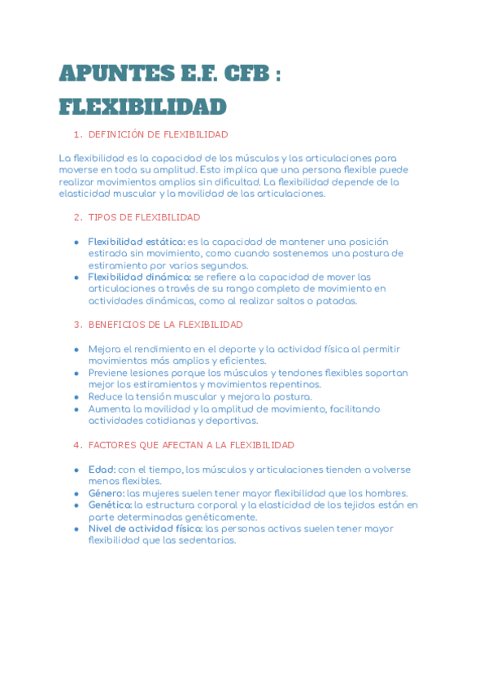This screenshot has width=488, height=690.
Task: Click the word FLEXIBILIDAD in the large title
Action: tap(142, 107)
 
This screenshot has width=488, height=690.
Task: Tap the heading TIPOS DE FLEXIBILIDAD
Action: tap(144, 217)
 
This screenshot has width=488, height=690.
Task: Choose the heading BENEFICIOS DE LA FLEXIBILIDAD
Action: tap(165, 324)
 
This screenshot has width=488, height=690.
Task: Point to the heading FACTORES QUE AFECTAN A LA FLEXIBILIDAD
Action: tap(191, 445)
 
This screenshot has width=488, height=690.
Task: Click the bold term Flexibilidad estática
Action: tap(137, 242)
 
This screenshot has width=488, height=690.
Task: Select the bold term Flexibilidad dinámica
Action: tap(139, 277)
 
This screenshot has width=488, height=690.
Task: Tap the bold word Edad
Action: tap(102, 469)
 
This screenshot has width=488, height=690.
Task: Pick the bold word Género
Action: tap(107, 493)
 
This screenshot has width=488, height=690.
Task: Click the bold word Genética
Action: tap(110, 504)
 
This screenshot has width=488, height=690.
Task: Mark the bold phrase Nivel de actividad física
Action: tap(146, 528)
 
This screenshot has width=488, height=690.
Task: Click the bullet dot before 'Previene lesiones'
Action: tap(76, 373)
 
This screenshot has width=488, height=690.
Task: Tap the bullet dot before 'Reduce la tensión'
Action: tap(76, 397)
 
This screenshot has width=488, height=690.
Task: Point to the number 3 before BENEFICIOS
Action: tap(76, 324)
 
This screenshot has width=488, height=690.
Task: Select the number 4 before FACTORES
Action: tap(76, 445)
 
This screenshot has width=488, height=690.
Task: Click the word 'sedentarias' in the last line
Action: tap(208, 539)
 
